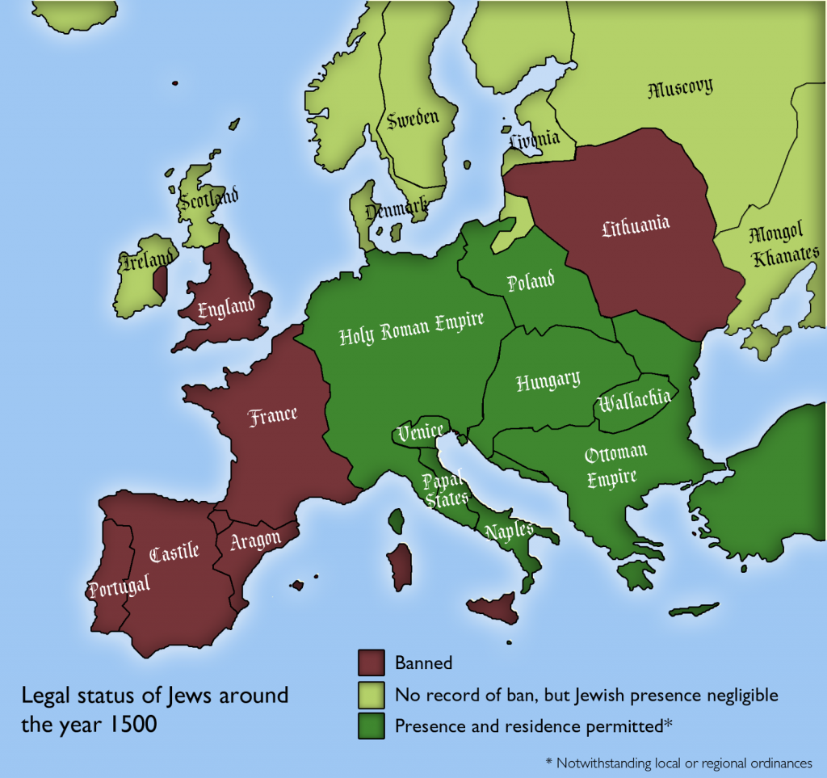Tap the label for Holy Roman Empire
tap(411, 327)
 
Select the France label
tap(273, 416)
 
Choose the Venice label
tap(420, 431)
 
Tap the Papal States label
tap(442, 488)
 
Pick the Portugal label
tap(120, 584)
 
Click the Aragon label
tap(255, 539)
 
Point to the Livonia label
tap(535, 139)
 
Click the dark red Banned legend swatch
tap(370, 662)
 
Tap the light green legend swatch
tap(370, 694)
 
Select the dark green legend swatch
tap(370, 725)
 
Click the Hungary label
tap(548, 381)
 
